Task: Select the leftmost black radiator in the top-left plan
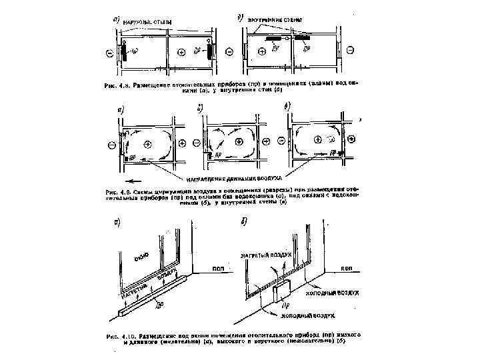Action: coord(124,52)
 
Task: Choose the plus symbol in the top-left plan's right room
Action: coord(181,51)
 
